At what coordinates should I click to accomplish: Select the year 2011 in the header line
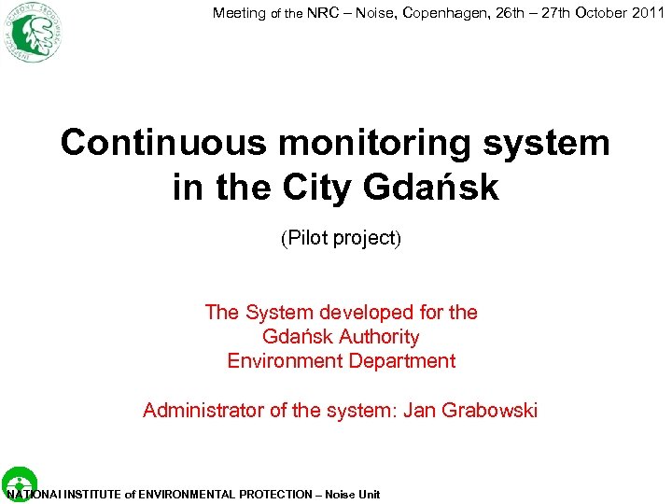click(x=646, y=13)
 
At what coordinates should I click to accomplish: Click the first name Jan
click(x=420, y=411)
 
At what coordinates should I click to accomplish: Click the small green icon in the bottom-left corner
click(x=19, y=481)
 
